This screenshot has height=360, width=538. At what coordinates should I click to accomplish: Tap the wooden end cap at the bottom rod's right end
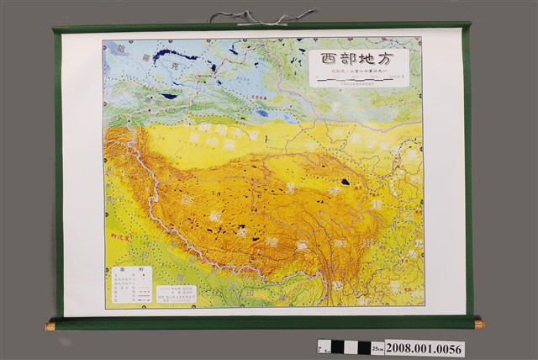[x=479, y=324]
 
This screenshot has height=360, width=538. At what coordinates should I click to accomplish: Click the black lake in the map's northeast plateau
[x=345, y=181]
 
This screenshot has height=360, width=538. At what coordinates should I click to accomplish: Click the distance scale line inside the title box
[x=357, y=82]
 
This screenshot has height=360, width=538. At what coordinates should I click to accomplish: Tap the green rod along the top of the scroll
[x=261, y=28]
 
